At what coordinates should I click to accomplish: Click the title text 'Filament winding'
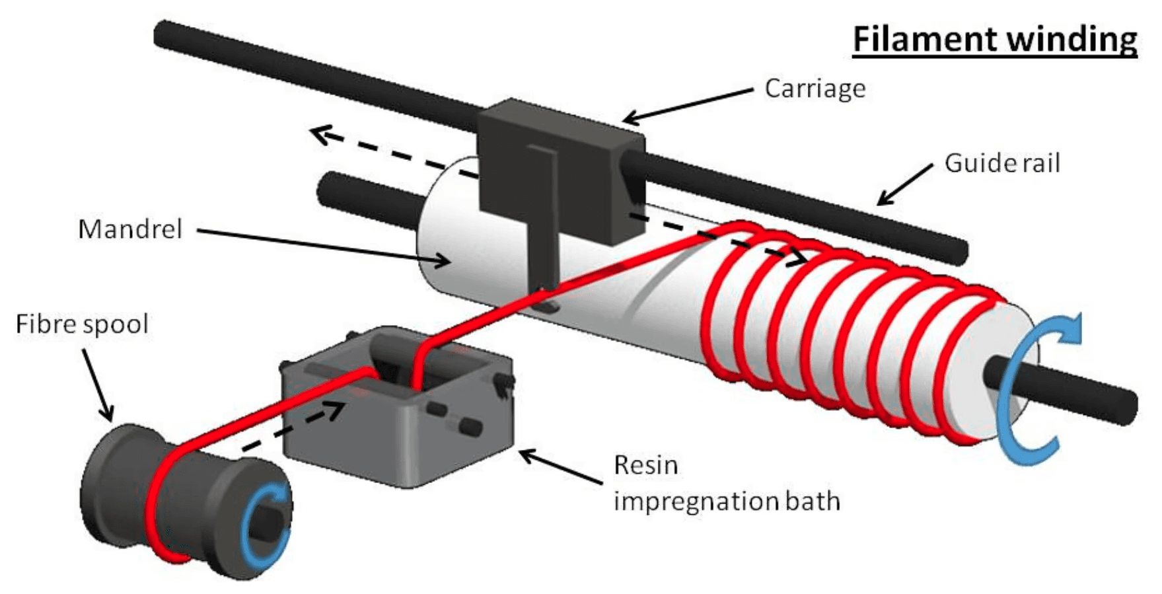pyautogui.click(x=995, y=39)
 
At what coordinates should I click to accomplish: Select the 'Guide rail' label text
pyautogui.click(x=1002, y=163)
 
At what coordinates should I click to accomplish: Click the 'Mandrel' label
pyautogui.click(x=130, y=229)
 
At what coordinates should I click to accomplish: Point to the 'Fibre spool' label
pyautogui.click(x=82, y=324)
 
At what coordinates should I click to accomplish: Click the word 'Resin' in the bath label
pyautogui.click(x=645, y=465)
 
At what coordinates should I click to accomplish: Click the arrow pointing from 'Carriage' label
pyautogui.click(x=688, y=105)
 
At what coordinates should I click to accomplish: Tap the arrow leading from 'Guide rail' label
pyautogui.click(x=904, y=184)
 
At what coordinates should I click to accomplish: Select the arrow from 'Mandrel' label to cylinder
pyautogui.click(x=324, y=247)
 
